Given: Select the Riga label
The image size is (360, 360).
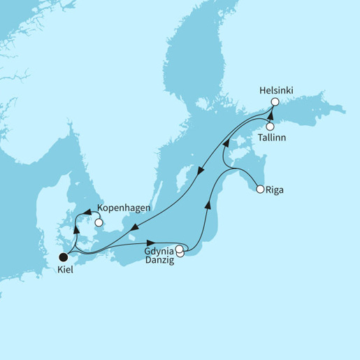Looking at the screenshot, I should pyautogui.click(x=275, y=189).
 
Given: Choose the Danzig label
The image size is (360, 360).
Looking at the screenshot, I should pyautogui.click(x=160, y=259).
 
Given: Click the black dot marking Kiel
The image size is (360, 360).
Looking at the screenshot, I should pyautogui.click(x=64, y=257).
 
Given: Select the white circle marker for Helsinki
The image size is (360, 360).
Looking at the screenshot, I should pyautogui.click(x=275, y=101).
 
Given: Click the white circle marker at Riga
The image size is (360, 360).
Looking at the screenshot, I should pyautogui.click(x=260, y=189).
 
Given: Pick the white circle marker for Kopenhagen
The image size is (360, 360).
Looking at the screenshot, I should pyautogui.click(x=99, y=223).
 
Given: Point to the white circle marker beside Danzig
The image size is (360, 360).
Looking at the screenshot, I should pyautogui.click(x=180, y=254).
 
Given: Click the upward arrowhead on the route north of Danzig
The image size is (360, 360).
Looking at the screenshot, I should pyautogui.click(x=207, y=206).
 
